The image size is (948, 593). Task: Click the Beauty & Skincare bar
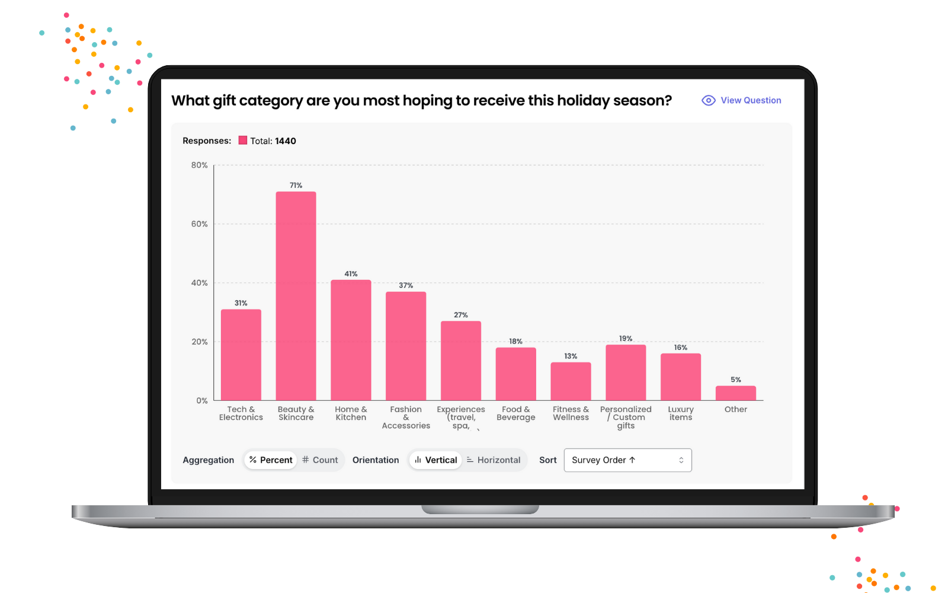296,296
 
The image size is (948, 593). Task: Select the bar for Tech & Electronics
241,355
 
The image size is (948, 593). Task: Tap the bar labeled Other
735,393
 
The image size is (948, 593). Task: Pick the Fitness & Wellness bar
571,381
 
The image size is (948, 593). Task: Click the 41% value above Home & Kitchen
351,273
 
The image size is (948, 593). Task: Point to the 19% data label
626,339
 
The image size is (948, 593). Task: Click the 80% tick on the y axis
199,165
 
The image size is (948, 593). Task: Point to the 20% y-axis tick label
199,342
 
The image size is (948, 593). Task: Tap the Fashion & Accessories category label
406,417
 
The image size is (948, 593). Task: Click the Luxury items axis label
681,413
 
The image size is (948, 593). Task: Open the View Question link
751,100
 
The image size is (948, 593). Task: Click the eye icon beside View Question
709,100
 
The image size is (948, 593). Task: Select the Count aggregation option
320,460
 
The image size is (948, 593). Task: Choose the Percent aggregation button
271,460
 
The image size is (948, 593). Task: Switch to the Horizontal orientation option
494,460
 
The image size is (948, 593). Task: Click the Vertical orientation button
435,460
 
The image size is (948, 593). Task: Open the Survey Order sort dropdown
627,460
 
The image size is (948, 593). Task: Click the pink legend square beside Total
242,140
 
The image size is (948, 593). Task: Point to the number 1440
286,141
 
